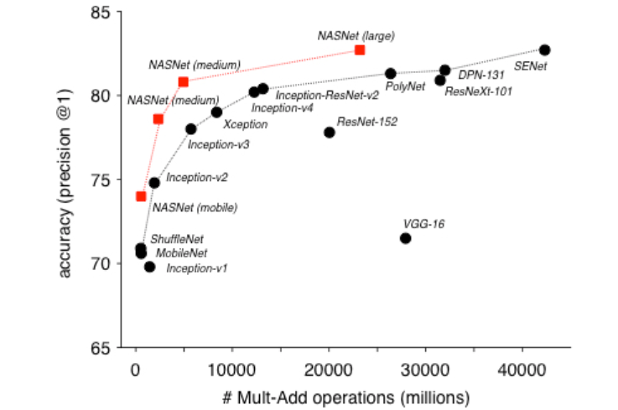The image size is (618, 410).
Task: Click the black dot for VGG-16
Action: click(406, 238)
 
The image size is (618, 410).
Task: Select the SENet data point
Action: click(545, 50)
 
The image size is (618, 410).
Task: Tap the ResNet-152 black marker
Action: click(330, 132)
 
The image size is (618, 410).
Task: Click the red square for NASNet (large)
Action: click(360, 50)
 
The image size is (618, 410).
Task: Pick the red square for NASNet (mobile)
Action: click(141, 196)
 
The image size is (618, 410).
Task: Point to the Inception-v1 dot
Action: click(149, 267)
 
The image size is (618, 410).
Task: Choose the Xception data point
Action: click(216, 112)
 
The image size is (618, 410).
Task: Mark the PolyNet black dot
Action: click(391, 73)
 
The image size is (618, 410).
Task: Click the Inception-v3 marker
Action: click(190, 129)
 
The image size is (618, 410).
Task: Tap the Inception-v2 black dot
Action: click(154, 182)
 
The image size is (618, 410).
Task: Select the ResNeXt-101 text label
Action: click(478, 91)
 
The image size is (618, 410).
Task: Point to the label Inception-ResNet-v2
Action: click(327, 95)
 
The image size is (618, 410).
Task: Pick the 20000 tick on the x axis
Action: click(329, 368)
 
